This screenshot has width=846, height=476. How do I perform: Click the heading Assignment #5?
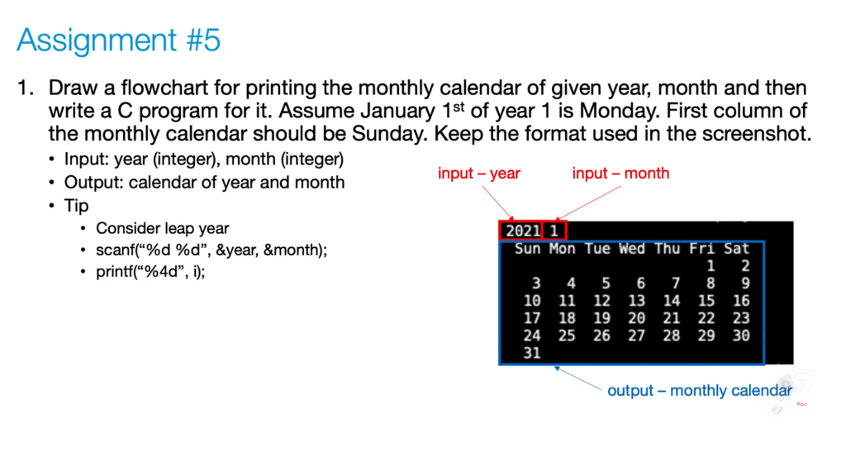click(x=118, y=40)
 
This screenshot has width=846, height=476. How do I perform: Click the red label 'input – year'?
click(x=479, y=173)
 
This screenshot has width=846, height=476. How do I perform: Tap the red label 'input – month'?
click(x=620, y=173)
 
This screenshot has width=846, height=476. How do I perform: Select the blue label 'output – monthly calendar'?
click(x=700, y=390)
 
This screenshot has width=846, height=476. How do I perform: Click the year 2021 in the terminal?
click(x=522, y=231)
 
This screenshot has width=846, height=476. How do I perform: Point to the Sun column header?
click(x=527, y=248)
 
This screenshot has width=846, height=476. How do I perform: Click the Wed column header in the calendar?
click(x=631, y=248)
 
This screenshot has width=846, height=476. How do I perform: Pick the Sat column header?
click(x=736, y=248)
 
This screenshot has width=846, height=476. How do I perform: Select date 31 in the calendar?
click(x=532, y=353)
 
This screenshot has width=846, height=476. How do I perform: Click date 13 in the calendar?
click(x=636, y=301)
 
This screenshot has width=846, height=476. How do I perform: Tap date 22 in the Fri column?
click(x=706, y=318)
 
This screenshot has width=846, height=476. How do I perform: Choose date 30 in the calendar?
click(x=741, y=336)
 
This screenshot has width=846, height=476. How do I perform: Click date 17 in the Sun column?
click(x=532, y=318)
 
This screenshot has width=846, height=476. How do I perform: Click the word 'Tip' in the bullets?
click(x=77, y=205)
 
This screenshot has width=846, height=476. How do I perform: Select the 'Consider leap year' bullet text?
click(x=162, y=228)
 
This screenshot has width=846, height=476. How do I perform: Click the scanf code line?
click(x=211, y=250)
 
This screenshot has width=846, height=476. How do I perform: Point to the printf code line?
click(x=150, y=271)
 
